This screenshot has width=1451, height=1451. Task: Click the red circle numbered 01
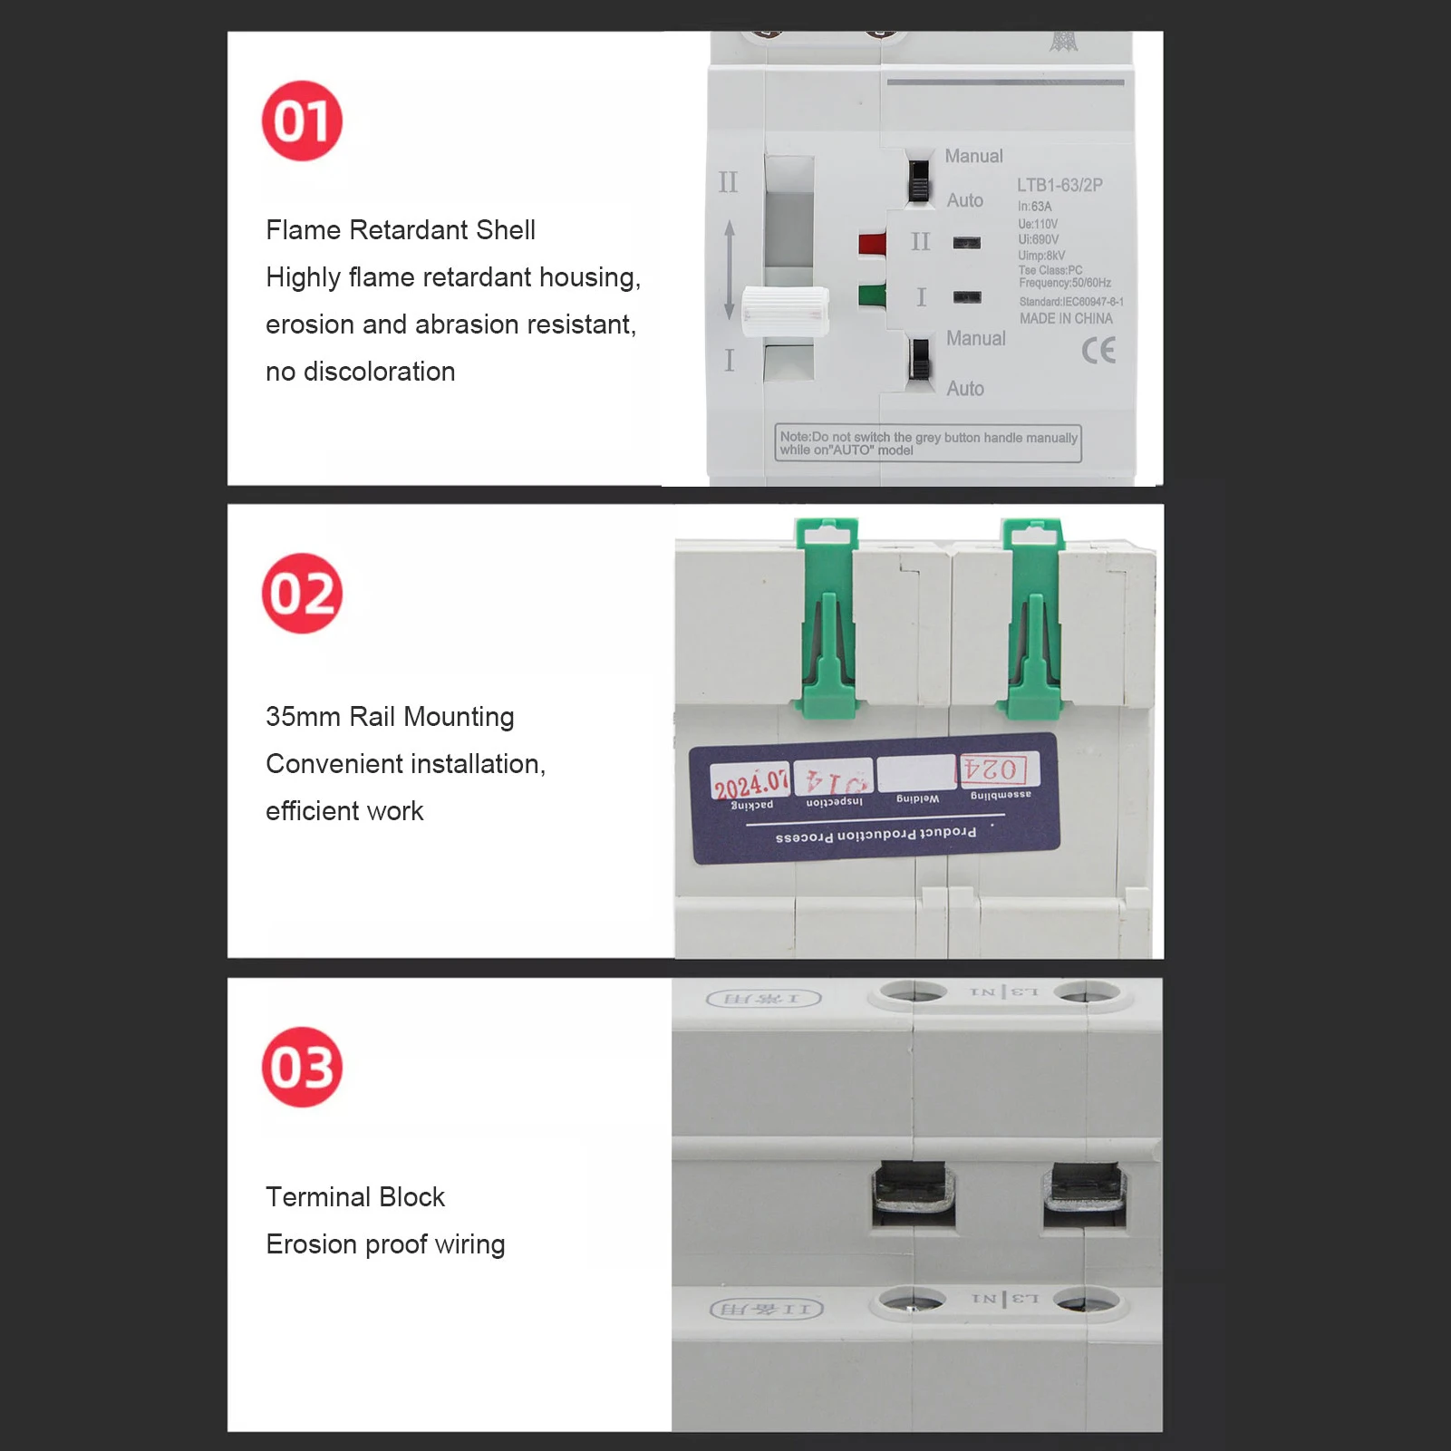pyautogui.click(x=302, y=121)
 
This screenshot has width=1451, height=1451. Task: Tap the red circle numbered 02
pyautogui.click(x=302, y=594)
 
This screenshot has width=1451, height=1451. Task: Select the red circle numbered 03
pyautogui.click(x=302, y=1067)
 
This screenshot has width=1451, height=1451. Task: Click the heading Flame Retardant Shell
pyautogui.click(x=400, y=230)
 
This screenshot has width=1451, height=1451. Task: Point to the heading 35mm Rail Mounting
pyautogui.click(x=390, y=717)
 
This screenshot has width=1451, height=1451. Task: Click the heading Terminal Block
pyautogui.click(x=355, y=1197)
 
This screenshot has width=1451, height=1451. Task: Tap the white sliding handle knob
pyautogui.click(x=785, y=311)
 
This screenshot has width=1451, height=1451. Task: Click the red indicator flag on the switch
pyautogui.click(x=872, y=244)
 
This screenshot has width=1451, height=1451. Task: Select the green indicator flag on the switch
pyautogui.click(x=872, y=295)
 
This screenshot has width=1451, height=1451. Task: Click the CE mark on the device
pyautogui.click(x=1098, y=350)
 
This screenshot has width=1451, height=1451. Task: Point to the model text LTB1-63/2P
pyautogui.click(x=1059, y=185)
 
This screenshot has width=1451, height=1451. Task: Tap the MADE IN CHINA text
pyautogui.click(x=1066, y=319)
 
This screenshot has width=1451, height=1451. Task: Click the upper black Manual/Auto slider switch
pyautogui.click(x=919, y=180)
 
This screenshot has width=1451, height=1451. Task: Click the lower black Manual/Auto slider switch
pyautogui.click(x=920, y=359)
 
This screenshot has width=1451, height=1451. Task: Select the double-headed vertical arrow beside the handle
pyautogui.click(x=730, y=270)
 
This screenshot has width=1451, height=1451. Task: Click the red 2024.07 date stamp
pyautogui.click(x=750, y=782)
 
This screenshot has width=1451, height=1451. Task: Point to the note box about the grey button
pyautogui.click(x=928, y=443)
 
